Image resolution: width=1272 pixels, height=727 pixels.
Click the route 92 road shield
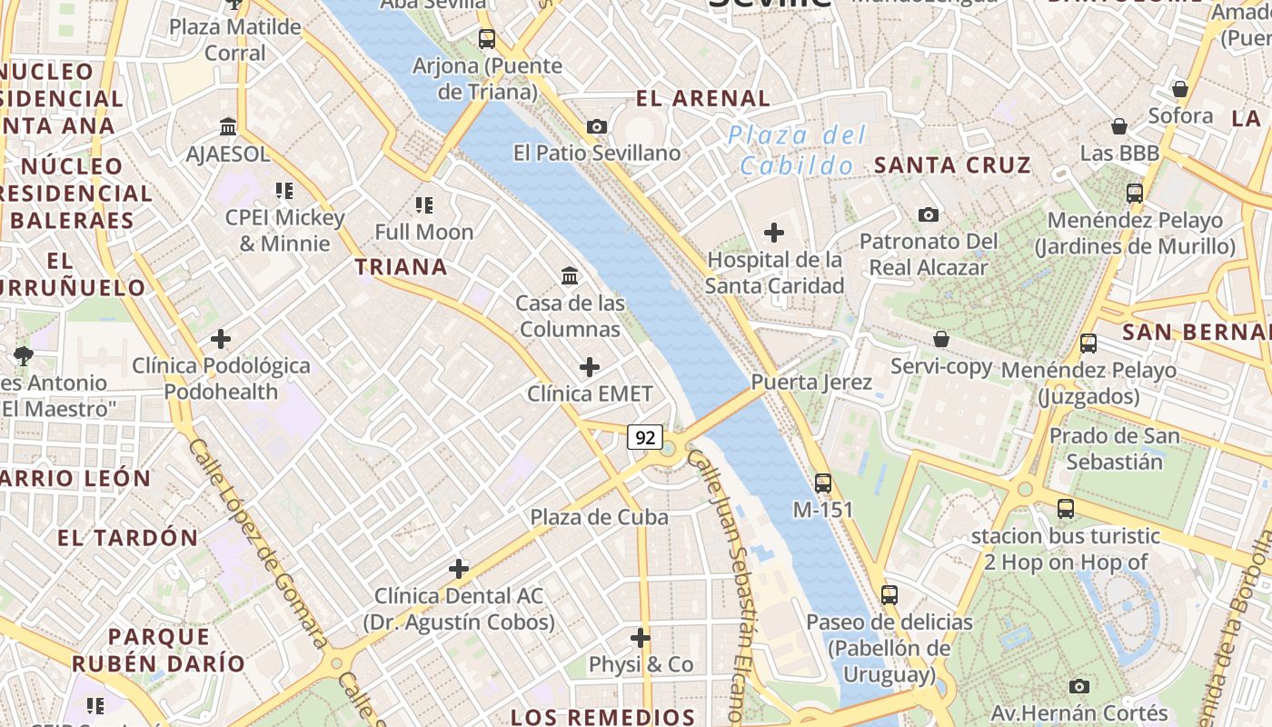[x=645, y=437]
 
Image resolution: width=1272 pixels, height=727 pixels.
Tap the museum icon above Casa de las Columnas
[x=570, y=275]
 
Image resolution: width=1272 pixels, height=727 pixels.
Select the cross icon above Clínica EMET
[x=590, y=367]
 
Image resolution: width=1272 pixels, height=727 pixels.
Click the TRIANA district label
[x=401, y=267]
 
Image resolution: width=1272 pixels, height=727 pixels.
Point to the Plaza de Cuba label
[x=600, y=517]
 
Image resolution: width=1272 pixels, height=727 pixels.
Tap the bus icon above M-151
[x=823, y=483]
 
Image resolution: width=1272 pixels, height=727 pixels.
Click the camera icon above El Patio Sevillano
[x=597, y=126]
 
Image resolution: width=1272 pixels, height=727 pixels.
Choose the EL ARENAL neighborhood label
[x=703, y=98]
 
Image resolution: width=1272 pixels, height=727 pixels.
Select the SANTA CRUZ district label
[x=952, y=164]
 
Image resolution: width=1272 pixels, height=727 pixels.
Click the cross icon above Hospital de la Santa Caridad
[x=774, y=233]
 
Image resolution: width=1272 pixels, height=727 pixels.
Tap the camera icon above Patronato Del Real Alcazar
[x=928, y=214]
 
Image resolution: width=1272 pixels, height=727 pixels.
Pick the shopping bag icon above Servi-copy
[x=941, y=339]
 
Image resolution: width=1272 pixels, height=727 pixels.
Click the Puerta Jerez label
[x=811, y=382]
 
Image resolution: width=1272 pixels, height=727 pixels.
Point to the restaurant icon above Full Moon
[x=424, y=205]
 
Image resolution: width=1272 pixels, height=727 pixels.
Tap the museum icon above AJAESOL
[x=228, y=127]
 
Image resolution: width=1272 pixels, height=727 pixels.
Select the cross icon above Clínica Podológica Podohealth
[x=220, y=339]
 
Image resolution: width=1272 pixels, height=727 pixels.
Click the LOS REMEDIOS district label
[x=602, y=717]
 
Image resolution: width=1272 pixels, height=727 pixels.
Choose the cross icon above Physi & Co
[x=641, y=637]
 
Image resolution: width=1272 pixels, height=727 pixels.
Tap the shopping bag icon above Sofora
[x=1180, y=89]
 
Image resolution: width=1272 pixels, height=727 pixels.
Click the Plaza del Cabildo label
[x=797, y=151]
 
